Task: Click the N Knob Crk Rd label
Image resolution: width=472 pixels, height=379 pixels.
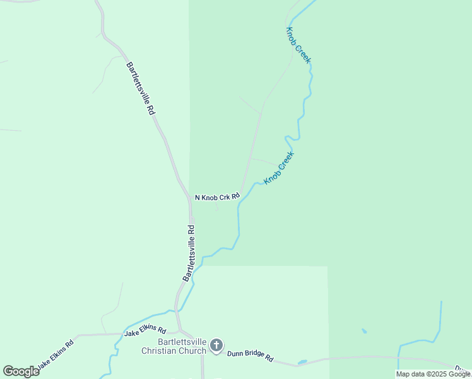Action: click(x=217, y=197)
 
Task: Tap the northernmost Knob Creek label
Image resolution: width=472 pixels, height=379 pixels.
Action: click(x=298, y=45)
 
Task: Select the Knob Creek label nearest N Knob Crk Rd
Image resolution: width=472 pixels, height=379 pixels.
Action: click(x=279, y=168)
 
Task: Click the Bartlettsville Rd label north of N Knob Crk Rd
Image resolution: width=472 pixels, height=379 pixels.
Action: click(x=141, y=88)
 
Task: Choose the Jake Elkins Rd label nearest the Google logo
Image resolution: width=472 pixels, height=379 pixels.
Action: click(x=55, y=355)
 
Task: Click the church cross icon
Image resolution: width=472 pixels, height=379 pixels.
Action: click(x=216, y=345)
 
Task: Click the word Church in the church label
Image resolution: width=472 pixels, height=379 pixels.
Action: click(x=193, y=351)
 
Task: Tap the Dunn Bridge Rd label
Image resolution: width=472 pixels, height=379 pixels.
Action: click(x=250, y=356)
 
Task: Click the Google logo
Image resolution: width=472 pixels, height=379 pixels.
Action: click(x=21, y=371)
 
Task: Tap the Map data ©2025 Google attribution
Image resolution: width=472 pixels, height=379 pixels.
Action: click(x=433, y=374)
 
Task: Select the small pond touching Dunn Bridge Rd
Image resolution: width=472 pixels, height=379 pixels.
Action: click(x=302, y=362)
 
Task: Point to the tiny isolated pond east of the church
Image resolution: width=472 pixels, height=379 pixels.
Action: click(x=365, y=330)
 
